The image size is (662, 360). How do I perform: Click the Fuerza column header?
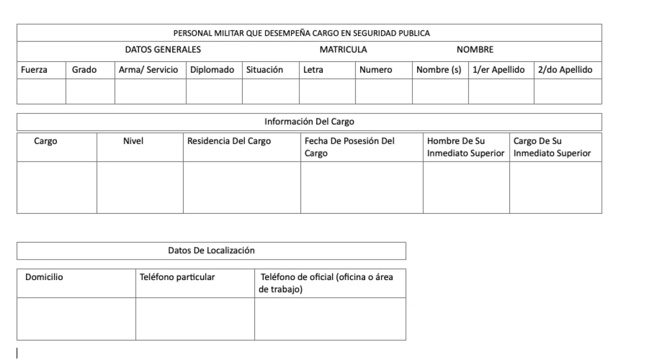click(34, 70)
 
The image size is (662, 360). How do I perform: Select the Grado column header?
click(84, 70)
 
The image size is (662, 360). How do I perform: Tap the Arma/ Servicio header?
click(148, 70)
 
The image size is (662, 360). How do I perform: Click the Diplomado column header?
click(212, 70)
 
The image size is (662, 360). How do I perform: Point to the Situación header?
click(264, 70)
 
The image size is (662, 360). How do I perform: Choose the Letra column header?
click(313, 70)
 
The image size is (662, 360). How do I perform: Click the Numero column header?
click(376, 70)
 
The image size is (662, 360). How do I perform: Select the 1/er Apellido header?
click(499, 70)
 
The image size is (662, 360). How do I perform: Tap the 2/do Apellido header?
click(565, 70)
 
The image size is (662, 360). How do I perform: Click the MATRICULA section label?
click(343, 50)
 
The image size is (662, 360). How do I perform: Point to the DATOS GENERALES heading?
click(163, 50)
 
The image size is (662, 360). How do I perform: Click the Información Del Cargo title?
click(309, 122)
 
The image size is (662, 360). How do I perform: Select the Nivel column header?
click(133, 141)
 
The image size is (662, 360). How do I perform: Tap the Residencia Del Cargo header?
click(229, 141)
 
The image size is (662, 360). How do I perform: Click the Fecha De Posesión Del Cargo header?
click(349, 147)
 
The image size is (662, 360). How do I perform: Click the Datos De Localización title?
click(211, 251)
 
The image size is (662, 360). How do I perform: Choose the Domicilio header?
click(44, 277)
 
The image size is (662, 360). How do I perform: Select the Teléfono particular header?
click(177, 277)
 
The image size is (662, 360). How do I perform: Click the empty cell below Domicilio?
click(76, 319)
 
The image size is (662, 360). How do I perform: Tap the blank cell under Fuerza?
click(41, 92)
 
